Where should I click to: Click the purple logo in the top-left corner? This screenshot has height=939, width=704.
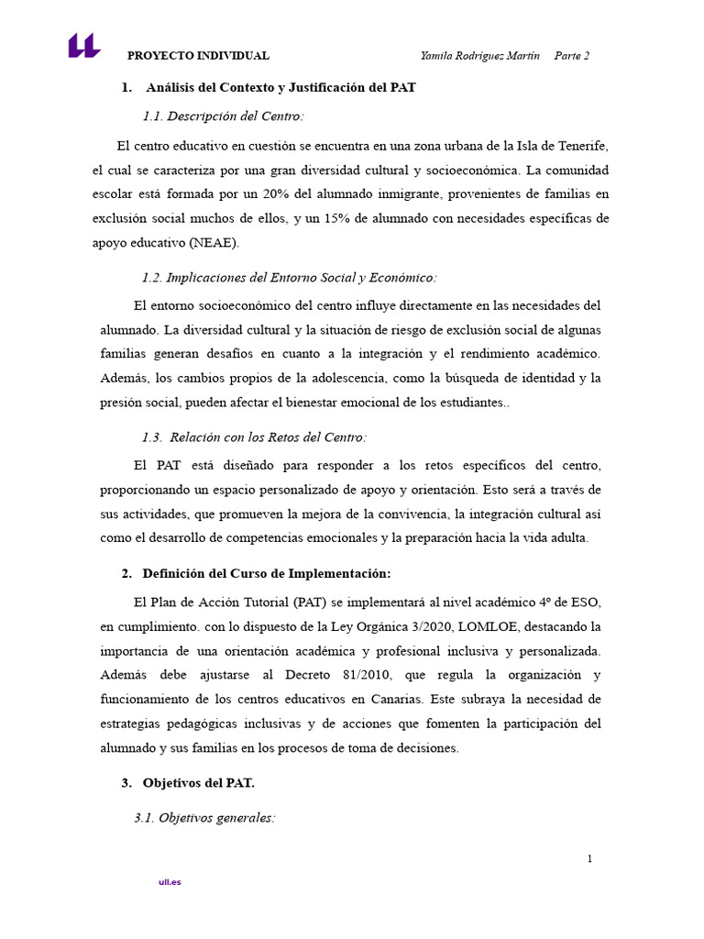pos(83,46)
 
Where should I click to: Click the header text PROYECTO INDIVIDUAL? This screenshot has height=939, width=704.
pos(198,56)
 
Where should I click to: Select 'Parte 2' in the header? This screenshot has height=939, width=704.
pos(572,56)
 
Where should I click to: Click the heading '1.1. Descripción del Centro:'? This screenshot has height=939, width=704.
pos(223,116)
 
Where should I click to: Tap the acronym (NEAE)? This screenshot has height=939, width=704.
pos(214,243)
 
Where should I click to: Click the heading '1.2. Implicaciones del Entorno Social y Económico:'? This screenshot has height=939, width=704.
pos(290,278)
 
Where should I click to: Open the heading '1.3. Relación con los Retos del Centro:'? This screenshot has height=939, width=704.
pos(254,437)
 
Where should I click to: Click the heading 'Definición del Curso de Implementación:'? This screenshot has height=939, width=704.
pos(267,574)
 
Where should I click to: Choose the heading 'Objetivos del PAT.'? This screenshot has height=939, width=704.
pos(199,783)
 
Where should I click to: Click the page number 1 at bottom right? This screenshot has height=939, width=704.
pos(590,859)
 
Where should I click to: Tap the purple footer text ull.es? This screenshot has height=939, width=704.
pos(170,882)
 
